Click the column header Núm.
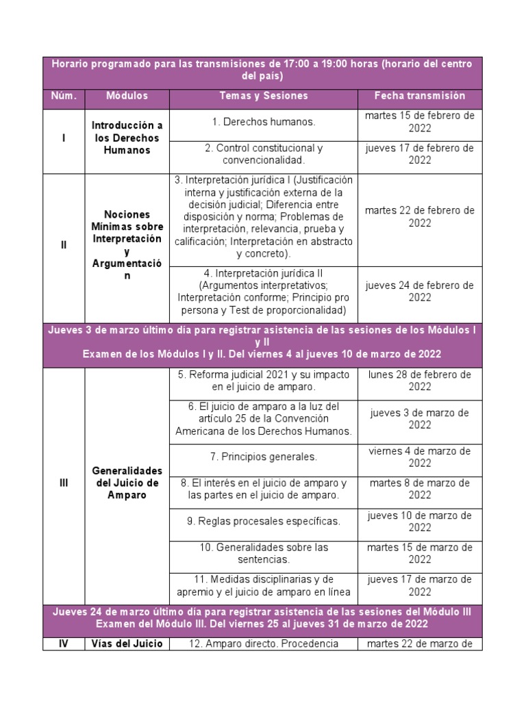[63, 96]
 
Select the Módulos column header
[127, 96]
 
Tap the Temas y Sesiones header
[264, 96]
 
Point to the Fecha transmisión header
[419, 96]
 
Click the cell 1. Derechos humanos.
[264, 123]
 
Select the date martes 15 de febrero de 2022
[419, 122]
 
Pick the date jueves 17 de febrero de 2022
[419, 154]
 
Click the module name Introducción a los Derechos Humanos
[127, 138]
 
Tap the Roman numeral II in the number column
[63, 244]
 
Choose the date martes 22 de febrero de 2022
[419, 216]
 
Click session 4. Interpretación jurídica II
[264, 292]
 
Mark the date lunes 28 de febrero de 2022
[419, 381]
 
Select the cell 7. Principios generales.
[264, 457]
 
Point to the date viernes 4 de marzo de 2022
[419, 457]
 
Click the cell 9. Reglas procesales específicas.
[264, 521]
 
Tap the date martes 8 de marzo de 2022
[419, 489]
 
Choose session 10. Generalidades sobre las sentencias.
[264, 553]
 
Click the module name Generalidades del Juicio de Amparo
[127, 483]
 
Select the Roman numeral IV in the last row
[63, 643]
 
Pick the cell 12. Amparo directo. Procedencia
[264, 643]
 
